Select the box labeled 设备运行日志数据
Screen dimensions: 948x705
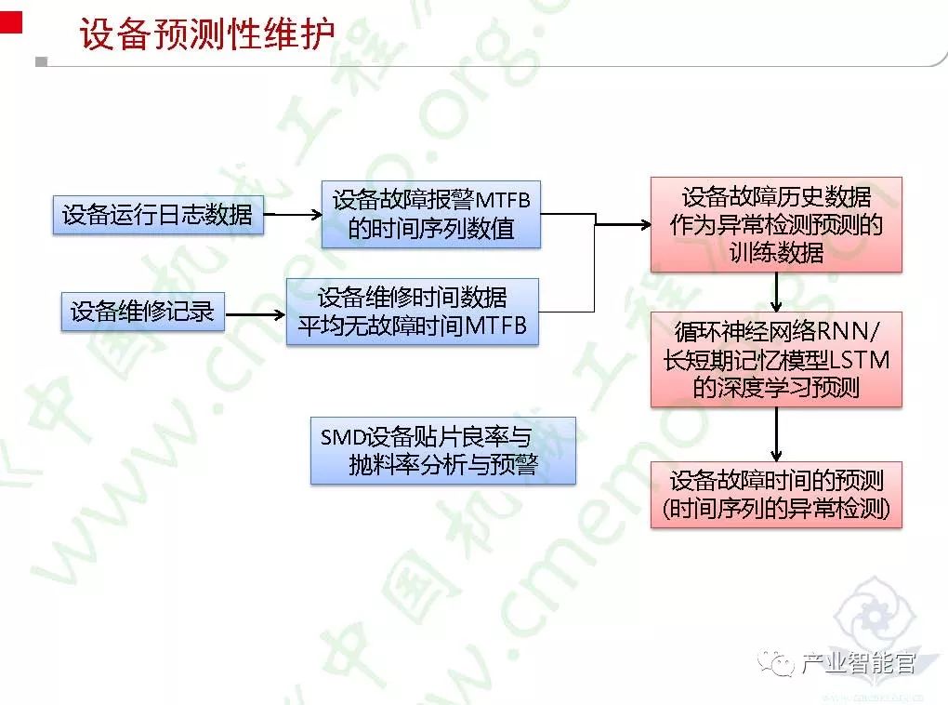click(157, 215)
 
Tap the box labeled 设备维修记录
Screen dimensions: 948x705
click(142, 312)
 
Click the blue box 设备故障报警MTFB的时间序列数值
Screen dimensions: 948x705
click(431, 214)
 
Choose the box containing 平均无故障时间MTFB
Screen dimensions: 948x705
click(412, 312)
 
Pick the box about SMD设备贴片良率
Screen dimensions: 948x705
click(442, 450)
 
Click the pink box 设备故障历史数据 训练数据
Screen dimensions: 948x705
click(776, 224)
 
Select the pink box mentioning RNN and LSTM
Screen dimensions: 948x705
click(776, 359)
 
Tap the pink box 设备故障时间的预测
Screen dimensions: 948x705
click(776, 494)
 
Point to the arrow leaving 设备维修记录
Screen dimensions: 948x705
click(254, 313)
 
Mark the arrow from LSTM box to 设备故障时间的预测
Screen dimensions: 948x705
click(776, 434)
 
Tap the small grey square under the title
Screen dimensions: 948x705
click(40, 62)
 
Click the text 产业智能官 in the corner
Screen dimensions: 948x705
click(858, 663)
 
